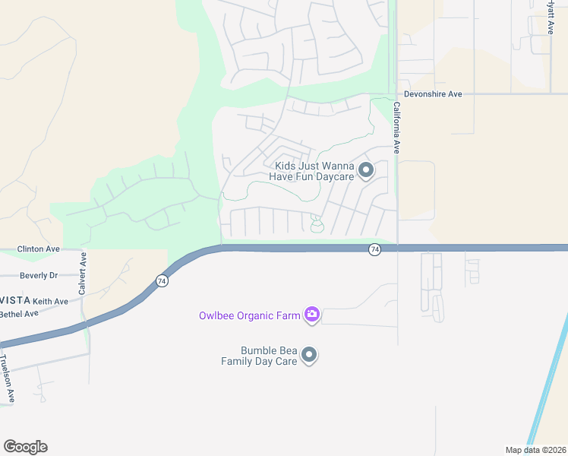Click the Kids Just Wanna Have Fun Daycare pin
pos(365,170)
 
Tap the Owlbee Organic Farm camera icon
pos(311,314)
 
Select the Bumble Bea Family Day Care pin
pos(308,354)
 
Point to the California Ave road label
pos(396,130)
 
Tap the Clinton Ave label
pos(39,249)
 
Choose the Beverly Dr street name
pos(39,275)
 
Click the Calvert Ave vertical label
pos(82,274)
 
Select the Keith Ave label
pos(50,301)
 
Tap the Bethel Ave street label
pos(19,313)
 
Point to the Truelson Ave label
pos(7,378)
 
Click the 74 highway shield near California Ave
pos(374,249)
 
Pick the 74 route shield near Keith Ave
pos(162,280)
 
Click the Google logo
pos(25,446)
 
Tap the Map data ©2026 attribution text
pos(535,449)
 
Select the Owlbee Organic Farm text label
pos(249,315)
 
